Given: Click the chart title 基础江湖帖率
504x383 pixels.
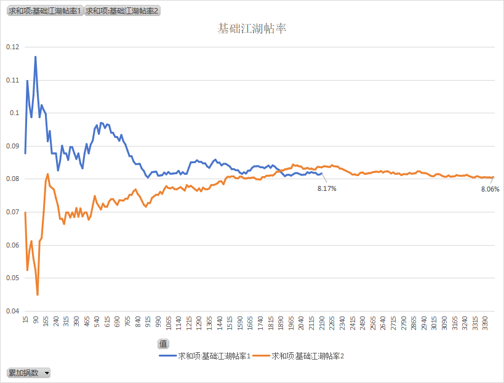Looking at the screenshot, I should [x=252, y=29].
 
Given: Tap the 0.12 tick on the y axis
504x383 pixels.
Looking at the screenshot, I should [x=12, y=47].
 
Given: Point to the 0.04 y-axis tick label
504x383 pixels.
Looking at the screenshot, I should [x=12, y=311].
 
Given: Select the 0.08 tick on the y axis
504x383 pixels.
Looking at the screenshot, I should [x=12, y=179].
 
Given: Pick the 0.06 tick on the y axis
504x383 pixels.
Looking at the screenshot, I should [x=12, y=245].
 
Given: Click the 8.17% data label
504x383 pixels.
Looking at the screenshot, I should [x=327, y=188].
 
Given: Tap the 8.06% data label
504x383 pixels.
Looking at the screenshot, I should [x=490, y=189].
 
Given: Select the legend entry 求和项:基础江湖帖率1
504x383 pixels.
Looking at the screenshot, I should [x=205, y=355].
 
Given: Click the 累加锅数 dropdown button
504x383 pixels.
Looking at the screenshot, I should [x=28, y=373].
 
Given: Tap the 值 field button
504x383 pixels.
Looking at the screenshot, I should [x=163, y=344].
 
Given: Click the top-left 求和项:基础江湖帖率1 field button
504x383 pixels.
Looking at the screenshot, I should [x=44, y=10].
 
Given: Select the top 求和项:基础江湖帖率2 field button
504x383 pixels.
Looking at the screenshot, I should [x=122, y=10].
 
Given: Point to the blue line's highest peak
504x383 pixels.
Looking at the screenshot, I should [x=36, y=57].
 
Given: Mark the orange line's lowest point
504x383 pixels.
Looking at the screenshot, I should [x=38, y=295].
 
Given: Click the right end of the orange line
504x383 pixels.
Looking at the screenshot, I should [x=494, y=177].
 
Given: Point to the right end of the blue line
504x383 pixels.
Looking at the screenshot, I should [x=321, y=173].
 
